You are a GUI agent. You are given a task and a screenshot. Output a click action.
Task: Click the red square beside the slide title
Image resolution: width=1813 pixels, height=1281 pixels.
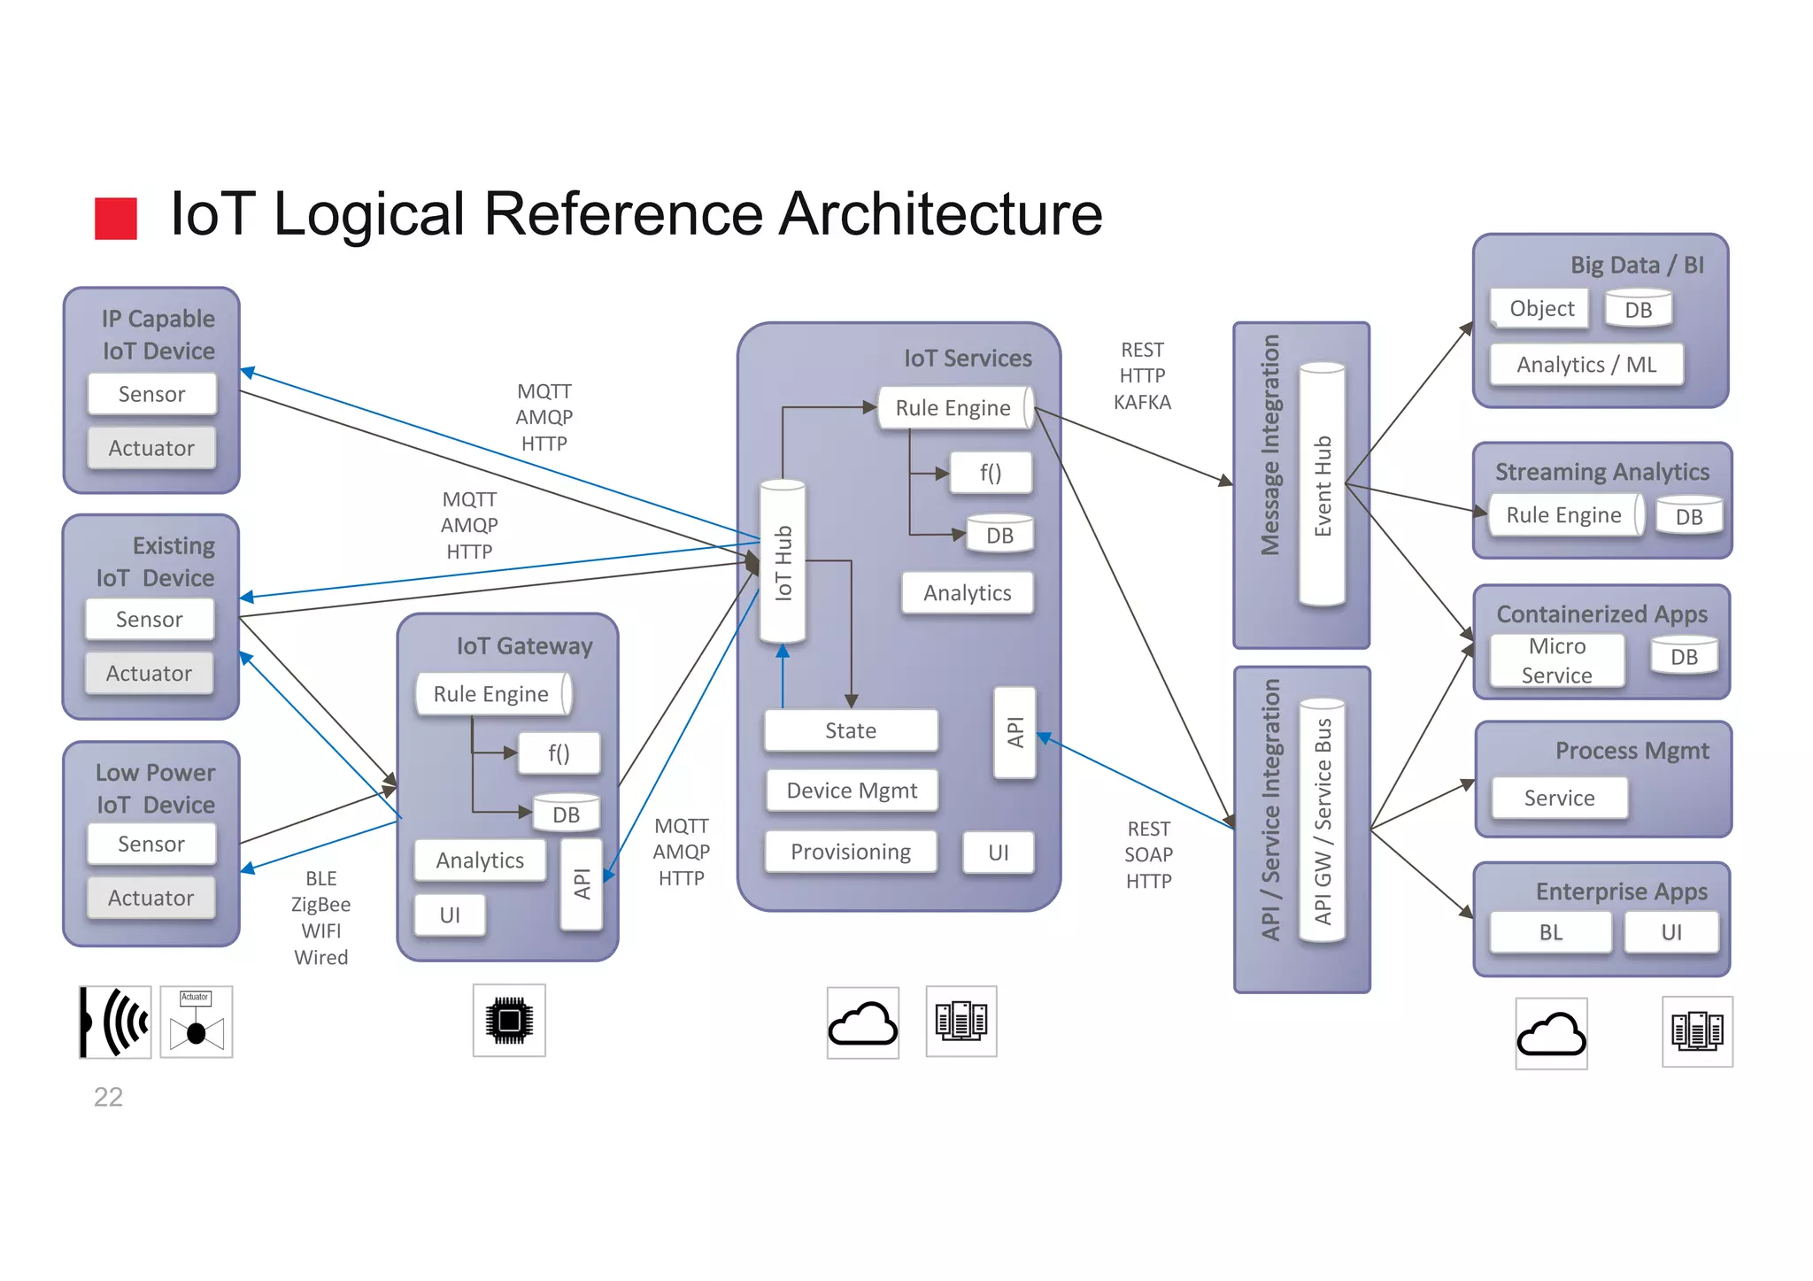coord(116,219)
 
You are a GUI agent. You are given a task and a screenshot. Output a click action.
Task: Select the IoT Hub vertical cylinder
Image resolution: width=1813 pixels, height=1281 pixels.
coord(783,561)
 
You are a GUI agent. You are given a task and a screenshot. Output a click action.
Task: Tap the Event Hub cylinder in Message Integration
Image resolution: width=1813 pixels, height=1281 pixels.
coord(1322,485)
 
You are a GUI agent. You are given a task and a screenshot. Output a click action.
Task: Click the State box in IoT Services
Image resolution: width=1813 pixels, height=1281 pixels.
coord(851,730)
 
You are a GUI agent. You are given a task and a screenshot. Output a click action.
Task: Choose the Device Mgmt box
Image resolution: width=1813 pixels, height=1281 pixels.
coord(851,791)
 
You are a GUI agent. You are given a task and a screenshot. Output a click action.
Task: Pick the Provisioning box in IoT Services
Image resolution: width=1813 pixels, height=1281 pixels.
coord(851,852)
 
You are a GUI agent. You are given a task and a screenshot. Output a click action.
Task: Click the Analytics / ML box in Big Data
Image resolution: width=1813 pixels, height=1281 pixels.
coord(1585,365)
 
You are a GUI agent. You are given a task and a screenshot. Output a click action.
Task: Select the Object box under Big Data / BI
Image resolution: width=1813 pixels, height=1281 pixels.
coord(1540,309)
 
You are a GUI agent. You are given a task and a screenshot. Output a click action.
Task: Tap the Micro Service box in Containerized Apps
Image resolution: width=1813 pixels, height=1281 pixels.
coord(1556,660)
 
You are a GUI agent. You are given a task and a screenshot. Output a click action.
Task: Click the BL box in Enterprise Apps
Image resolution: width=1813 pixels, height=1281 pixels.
coord(1550,932)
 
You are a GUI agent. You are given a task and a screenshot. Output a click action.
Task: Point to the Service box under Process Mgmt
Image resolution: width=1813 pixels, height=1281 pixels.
coord(1559,798)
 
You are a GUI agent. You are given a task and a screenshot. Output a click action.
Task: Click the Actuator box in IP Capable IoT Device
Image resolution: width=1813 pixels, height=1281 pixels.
coord(151,448)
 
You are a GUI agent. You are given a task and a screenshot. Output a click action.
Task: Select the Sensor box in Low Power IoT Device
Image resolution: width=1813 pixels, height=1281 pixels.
coord(151,844)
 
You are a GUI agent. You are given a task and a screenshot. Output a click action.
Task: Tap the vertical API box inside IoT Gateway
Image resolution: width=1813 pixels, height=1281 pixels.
coord(582,884)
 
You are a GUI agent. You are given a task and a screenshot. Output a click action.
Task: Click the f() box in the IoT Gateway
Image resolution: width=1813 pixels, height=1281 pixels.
coord(559,753)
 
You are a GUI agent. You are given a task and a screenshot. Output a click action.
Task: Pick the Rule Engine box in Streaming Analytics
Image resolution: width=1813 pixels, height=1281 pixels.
coord(1564,515)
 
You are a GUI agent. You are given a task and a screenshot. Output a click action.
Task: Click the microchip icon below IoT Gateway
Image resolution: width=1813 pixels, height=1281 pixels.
coord(509,1021)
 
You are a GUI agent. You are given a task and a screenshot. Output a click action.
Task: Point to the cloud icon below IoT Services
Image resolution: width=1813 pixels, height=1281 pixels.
coord(863,1023)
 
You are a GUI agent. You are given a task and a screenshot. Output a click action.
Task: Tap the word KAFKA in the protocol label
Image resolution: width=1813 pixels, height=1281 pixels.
coord(1142,402)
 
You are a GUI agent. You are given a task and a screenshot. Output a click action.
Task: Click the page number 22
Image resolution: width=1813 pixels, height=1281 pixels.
coord(108,1097)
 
